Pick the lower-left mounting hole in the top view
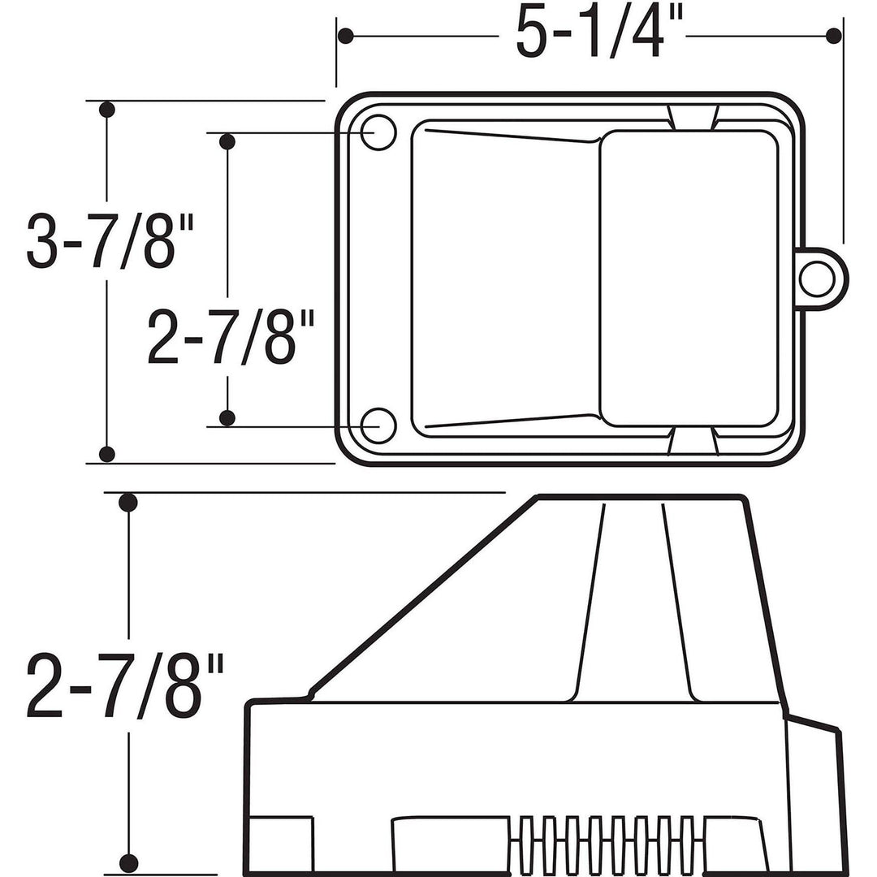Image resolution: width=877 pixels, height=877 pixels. [378, 425]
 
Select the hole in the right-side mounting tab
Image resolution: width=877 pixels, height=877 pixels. [815, 279]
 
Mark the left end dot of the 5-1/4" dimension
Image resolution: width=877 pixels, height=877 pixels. [347, 37]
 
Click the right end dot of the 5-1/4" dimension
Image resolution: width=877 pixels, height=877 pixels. [833, 36]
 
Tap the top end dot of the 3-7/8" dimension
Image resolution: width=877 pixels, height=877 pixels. [106, 110]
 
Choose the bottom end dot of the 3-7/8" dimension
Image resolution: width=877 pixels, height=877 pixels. [106, 453]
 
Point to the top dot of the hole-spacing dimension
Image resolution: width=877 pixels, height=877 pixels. [227, 142]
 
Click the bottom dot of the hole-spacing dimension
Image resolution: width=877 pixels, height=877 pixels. [227, 417]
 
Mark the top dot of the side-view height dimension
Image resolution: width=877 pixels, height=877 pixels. [128, 503]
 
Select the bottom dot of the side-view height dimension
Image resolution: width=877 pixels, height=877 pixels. [128, 862]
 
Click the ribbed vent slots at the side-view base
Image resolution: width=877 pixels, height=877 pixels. [606, 845]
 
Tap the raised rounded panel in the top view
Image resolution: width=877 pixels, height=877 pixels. [689, 278]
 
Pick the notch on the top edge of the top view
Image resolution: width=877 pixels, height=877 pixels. [693, 117]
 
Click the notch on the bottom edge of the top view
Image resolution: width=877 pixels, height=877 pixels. [693, 440]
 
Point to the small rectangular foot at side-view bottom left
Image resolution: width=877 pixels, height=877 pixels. [281, 845]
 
